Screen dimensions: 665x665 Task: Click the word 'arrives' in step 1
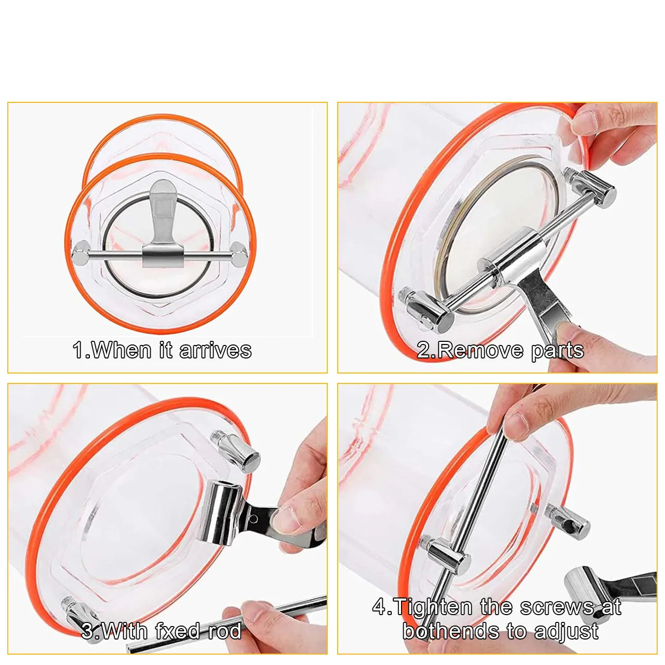[x=216, y=350]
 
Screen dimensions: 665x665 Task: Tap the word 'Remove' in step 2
[x=477, y=350]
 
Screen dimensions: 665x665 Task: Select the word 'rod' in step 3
[x=224, y=631]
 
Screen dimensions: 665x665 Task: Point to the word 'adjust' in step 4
[x=566, y=631]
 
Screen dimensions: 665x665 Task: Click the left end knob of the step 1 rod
[x=81, y=254]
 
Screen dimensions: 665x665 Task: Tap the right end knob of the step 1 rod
[x=239, y=254]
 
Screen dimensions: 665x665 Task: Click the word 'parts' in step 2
[x=557, y=350]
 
